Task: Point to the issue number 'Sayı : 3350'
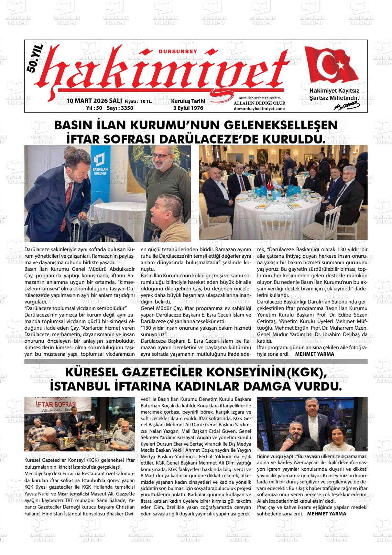120,108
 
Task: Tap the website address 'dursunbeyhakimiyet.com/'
259,108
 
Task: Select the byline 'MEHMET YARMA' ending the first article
315,354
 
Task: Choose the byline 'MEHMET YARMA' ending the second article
326,514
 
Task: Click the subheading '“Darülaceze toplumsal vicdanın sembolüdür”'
76,307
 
